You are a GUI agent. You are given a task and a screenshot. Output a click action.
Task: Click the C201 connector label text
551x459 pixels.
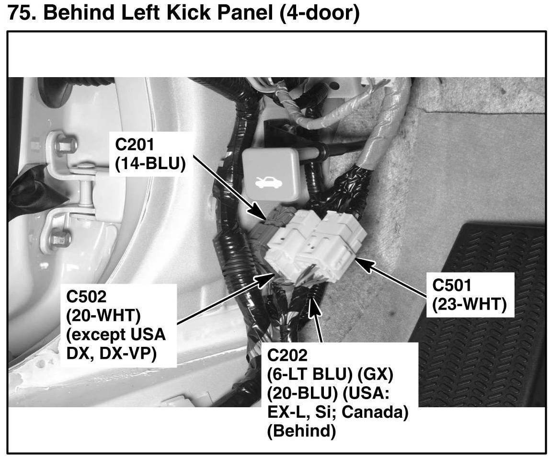[138, 144]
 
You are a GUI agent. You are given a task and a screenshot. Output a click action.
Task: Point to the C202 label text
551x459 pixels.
[287, 356]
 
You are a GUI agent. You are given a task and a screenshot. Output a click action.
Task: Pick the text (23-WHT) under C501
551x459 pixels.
[469, 305]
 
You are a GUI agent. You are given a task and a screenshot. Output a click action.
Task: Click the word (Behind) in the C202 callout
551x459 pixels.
[300, 431]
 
